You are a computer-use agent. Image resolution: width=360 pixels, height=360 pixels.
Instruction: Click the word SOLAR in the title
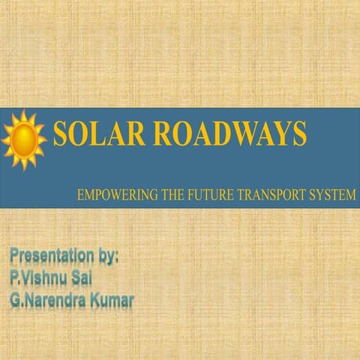(x=93, y=136)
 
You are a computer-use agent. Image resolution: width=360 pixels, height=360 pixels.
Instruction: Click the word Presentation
(x=52, y=257)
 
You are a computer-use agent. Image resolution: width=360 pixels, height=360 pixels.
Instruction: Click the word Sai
(x=88, y=279)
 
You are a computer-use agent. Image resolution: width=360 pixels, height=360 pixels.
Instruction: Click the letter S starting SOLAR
(x=61, y=136)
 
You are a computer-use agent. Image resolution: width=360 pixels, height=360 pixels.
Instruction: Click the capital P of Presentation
(x=15, y=257)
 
